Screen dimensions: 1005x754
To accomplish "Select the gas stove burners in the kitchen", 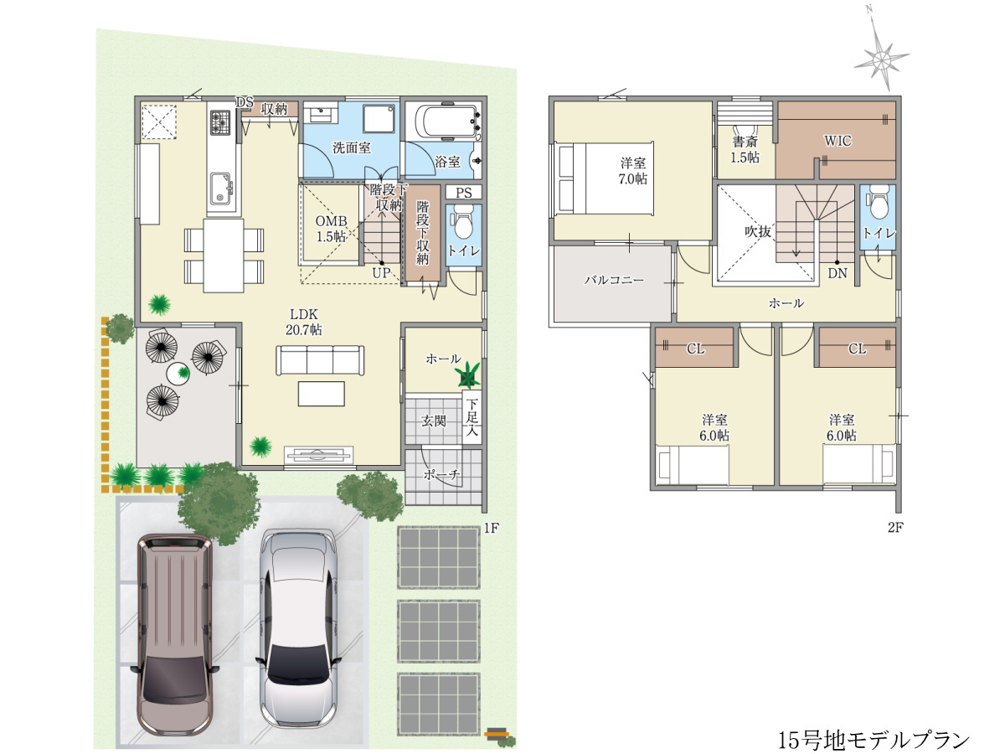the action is pyautogui.click(x=220, y=122).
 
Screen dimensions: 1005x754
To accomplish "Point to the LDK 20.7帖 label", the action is pyautogui.click(x=303, y=322).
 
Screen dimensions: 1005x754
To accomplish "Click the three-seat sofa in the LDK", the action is pyautogui.click(x=320, y=360).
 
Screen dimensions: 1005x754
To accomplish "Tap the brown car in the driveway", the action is pyautogui.click(x=175, y=634).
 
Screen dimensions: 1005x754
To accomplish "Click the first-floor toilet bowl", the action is pyautogui.click(x=463, y=221).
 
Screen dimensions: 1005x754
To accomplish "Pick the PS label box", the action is pyautogui.click(x=463, y=193).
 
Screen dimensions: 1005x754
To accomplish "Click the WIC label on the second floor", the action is pyautogui.click(x=837, y=141).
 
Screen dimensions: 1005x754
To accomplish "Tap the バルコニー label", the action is pyautogui.click(x=614, y=280).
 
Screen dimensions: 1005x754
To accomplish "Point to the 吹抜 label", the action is pyautogui.click(x=758, y=232).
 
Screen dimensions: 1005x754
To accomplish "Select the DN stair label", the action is pyautogui.click(x=837, y=274).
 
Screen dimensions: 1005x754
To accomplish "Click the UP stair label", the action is pyautogui.click(x=381, y=273).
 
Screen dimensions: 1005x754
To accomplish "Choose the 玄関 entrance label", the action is pyautogui.click(x=433, y=421).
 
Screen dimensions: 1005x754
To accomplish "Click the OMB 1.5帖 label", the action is pyautogui.click(x=331, y=229).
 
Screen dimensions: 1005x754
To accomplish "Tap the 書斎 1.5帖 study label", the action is pyautogui.click(x=745, y=149).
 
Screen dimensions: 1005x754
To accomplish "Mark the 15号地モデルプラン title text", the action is pyautogui.click(x=874, y=740).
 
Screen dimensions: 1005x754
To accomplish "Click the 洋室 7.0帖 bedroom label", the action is pyautogui.click(x=633, y=171).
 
